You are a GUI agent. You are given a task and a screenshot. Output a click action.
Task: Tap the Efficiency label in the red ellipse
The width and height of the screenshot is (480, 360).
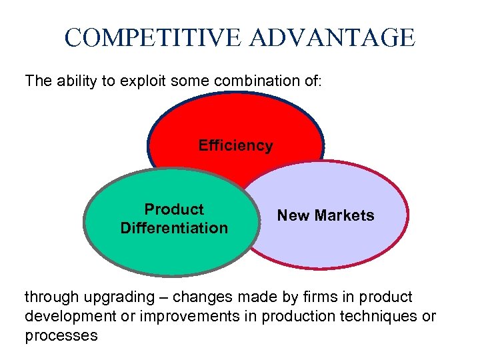pyautogui.click(x=235, y=145)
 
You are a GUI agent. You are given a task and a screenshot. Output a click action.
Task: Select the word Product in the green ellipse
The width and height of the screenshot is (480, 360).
pyautogui.click(x=174, y=209)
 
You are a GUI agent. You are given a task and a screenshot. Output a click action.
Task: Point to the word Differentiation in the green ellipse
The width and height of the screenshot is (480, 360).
pyautogui.click(x=174, y=228)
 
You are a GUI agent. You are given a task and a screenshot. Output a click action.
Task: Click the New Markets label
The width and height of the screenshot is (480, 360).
pyautogui.click(x=325, y=215)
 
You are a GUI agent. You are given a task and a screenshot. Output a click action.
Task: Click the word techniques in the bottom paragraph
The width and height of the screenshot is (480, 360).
pyautogui.click(x=377, y=316)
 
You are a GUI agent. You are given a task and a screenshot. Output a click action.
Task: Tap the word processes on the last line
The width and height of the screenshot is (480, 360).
pyautogui.click(x=61, y=335)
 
